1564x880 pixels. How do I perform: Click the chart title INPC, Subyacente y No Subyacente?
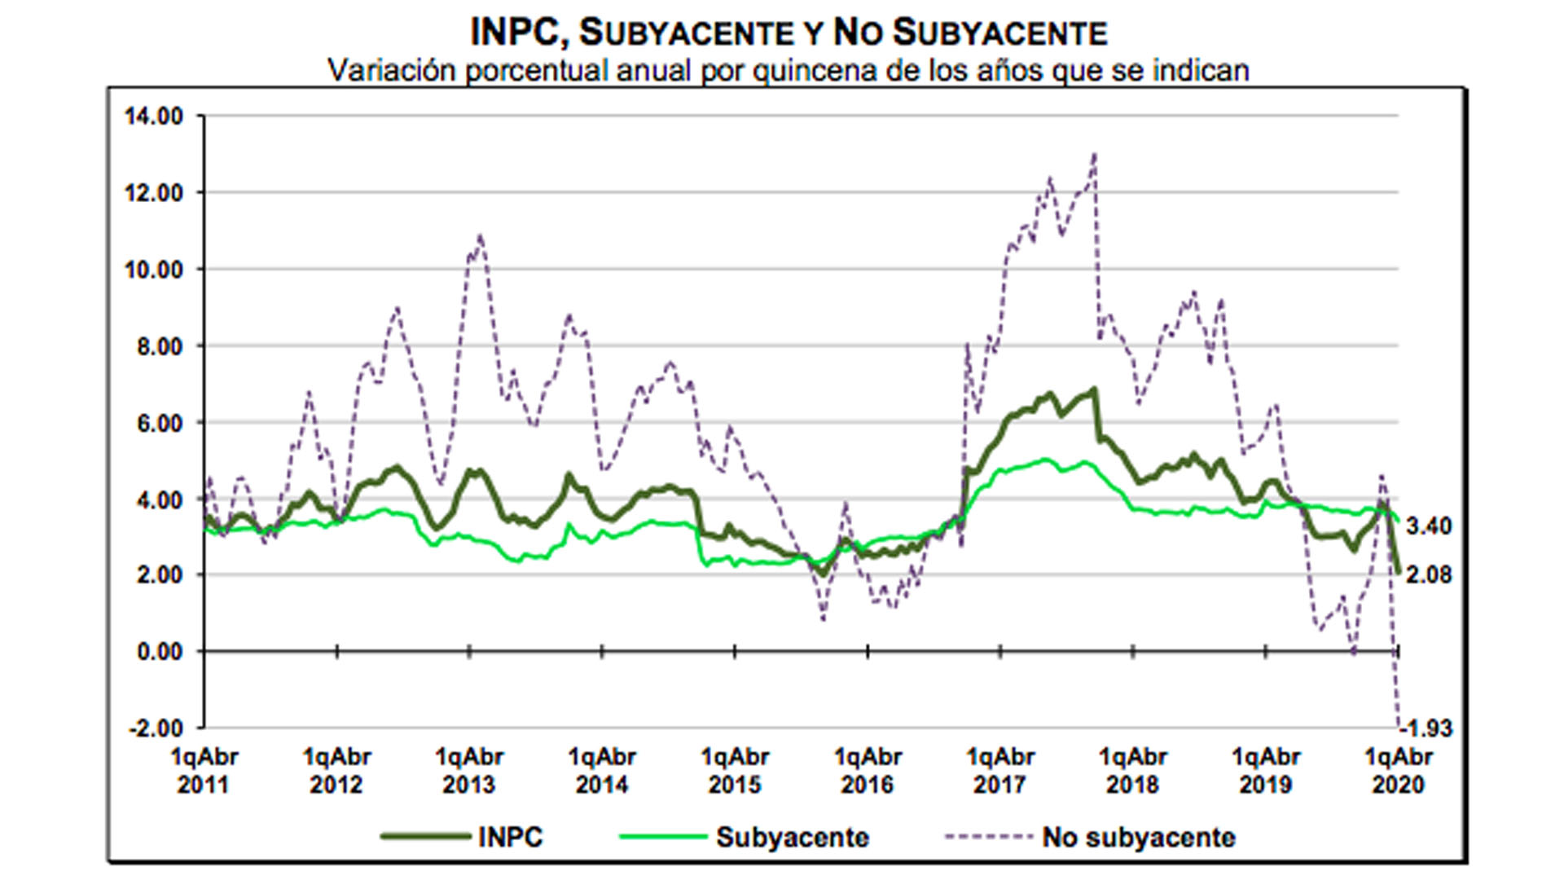click(x=789, y=33)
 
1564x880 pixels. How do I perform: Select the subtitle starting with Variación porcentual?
click(x=789, y=71)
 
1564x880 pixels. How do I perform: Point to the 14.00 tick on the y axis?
click(x=154, y=116)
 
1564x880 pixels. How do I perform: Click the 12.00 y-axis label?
click(x=154, y=193)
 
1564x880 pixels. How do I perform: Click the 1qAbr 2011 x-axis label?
click(x=204, y=771)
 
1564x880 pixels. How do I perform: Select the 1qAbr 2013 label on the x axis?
click(x=469, y=771)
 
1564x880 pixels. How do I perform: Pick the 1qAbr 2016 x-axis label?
click(x=868, y=771)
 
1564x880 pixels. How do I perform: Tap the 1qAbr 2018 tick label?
click(x=1133, y=771)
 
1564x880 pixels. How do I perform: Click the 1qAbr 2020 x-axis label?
click(x=1398, y=771)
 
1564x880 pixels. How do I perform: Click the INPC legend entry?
click(x=462, y=837)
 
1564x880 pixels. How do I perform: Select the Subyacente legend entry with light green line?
click(x=745, y=837)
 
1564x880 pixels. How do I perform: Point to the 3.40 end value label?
click(x=1429, y=526)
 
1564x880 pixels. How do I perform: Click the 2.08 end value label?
click(x=1429, y=574)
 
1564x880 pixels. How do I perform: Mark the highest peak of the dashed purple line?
click(x=1094, y=154)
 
